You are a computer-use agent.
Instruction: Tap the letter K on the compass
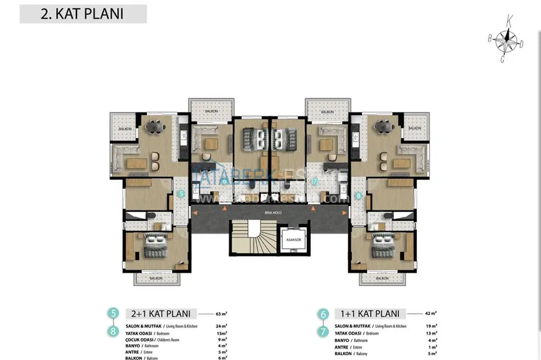[509, 20]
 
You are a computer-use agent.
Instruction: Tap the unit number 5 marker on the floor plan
[181, 193]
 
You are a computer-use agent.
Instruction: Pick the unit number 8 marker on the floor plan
[359, 196]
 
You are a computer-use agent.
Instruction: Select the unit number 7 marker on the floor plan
[314, 181]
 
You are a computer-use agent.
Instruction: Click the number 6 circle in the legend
[323, 314]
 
